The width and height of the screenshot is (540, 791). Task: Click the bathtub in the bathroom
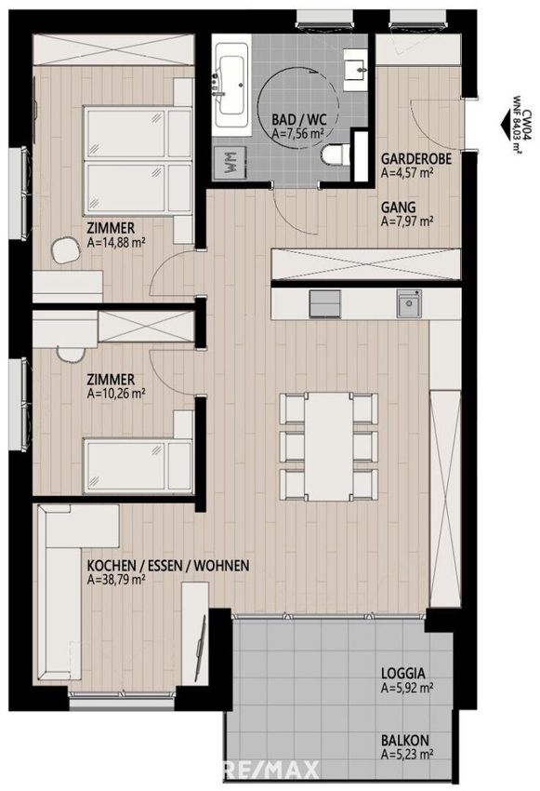(x=231, y=87)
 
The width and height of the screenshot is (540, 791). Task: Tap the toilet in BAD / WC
(x=336, y=154)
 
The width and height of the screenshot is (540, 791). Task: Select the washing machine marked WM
(x=230, y=163)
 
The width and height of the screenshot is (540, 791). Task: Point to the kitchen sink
(x=409, y=303)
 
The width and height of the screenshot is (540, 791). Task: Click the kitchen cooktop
(x=325, y=303)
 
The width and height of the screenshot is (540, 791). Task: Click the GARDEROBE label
(x=415, y=158)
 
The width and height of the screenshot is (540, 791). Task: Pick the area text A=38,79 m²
(x=116, y=579)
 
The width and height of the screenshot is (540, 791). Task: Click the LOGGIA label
(x=403, y=673)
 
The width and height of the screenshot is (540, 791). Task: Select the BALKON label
(x=405, y=741)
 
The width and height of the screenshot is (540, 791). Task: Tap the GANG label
(x=399, y=208)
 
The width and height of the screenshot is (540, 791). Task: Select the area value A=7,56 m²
(x=297, y=133)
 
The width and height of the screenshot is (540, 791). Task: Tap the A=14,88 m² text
(x=116, y=243)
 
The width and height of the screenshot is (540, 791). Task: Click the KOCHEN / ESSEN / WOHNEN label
(x=168, y=566)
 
